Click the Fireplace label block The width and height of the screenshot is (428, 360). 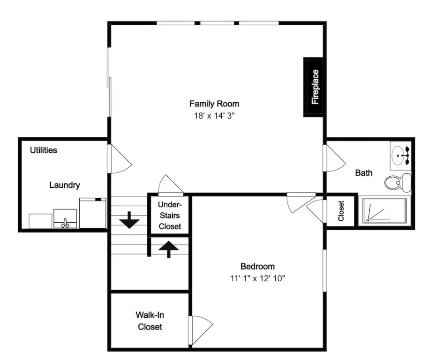[315, 87]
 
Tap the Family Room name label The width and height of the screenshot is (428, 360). [214, 104]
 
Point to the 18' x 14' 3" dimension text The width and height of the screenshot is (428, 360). [214, 116]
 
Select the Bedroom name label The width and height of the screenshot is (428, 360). [257, 266]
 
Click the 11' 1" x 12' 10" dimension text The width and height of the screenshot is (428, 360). [257, 278]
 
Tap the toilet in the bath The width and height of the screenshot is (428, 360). [398, 182]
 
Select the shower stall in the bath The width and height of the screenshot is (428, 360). [384, 211]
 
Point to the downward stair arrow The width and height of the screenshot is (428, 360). [129, 220]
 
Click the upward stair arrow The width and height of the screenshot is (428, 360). [169, 249]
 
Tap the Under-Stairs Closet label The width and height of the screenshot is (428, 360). [170, 215]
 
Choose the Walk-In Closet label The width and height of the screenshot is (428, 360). [150, 321]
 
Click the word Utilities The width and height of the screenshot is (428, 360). [44, 150]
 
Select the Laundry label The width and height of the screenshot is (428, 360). [65, 185]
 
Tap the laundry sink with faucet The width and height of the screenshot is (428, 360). [65, 218]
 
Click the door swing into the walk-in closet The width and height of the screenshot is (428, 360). [200, 330]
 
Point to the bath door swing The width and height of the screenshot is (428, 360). [334, 158]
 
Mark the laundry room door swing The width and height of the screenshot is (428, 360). [119, 159]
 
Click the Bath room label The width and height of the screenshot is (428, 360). [364, 173]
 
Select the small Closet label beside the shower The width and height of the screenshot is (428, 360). [341, 211]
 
